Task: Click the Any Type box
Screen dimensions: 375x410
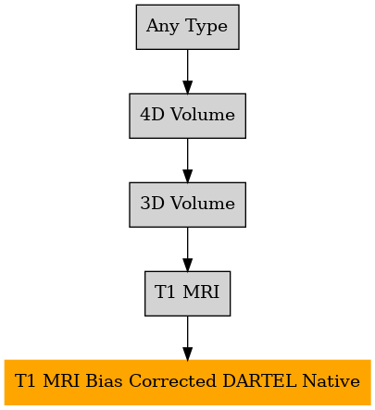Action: (188, 27)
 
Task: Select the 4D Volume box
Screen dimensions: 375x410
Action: (188, 116)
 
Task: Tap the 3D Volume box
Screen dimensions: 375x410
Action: (188, 205)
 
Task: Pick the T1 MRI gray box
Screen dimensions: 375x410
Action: (188, 293)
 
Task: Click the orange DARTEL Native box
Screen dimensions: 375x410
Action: (188, 382)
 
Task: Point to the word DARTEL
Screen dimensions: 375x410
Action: (259, 380)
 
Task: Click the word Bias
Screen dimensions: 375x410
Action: (104, 380)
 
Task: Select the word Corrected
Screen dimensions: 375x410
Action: (172, 380)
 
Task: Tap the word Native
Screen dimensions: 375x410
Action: (331, 380)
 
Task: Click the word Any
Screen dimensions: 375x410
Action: (162, 26)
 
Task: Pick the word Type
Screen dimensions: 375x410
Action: (207, 26)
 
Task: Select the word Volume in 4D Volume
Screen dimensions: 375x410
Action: (203, 115)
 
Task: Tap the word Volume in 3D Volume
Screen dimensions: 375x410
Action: (203, 204)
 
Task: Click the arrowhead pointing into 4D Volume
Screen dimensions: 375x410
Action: (188, 87)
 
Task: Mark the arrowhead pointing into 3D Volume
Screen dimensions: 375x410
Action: (188, 176)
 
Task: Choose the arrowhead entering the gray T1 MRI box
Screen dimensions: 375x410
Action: (188, 265)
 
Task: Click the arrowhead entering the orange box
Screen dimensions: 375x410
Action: (188, 354)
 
